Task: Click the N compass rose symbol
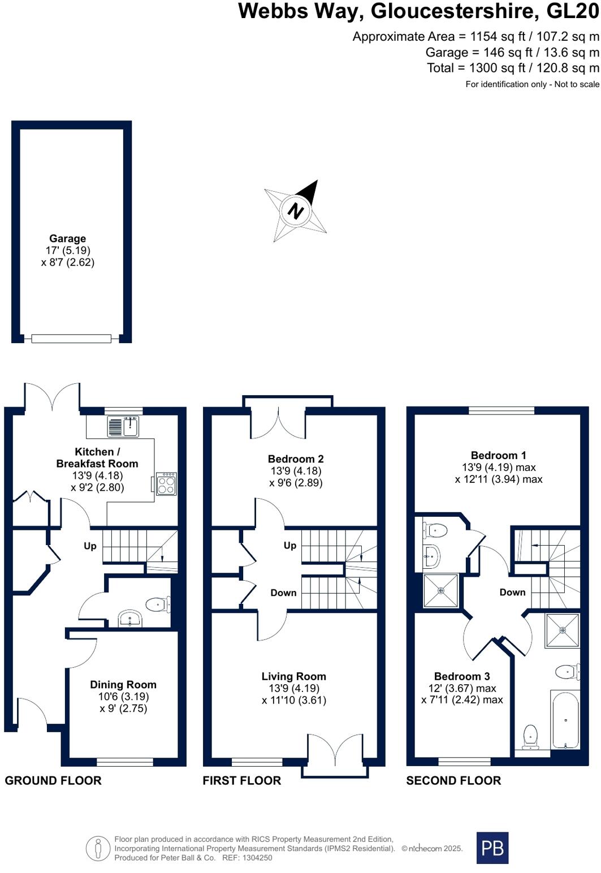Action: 296,211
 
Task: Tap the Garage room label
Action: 67,239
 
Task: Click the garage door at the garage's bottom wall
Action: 71,338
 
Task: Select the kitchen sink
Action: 123,426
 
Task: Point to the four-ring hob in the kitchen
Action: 166,484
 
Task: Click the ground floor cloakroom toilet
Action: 158,604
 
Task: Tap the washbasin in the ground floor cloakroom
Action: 131,618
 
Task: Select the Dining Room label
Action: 123,685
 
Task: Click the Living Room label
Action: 293,676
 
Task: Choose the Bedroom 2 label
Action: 296,459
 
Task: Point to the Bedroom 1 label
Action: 498,455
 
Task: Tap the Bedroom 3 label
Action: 462,676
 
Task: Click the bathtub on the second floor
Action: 565,719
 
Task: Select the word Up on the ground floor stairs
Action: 90,546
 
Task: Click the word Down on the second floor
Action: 512,593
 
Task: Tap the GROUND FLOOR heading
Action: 53,781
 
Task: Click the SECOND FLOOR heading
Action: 453,781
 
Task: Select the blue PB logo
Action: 492,848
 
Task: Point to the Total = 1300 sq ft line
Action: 512,68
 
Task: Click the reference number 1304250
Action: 257,858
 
